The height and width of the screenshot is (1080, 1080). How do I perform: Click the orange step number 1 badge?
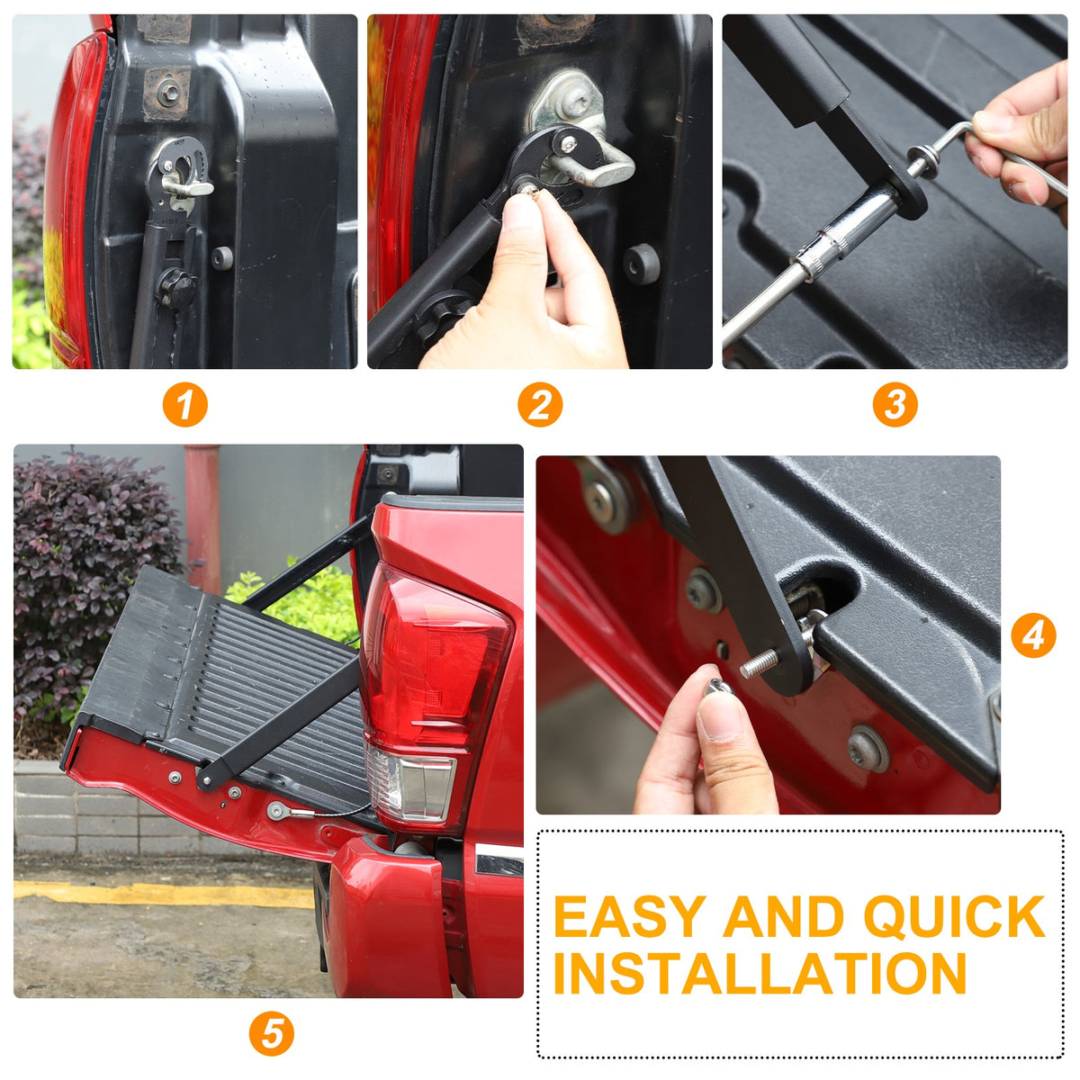pyautogui.click(x=185, y=405)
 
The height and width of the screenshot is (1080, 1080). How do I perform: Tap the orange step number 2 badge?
pyautogui.click(x=540, y=405)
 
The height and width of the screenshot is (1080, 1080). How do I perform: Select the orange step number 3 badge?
pyautogui.click(x=895, y=405)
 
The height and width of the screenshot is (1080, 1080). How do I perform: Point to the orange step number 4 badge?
pyautogui.click(x=1033, y=636)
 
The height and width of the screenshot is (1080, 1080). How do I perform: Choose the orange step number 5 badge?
pyautogui.click(x=271, y=1033)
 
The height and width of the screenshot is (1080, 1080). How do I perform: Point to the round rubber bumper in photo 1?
pyautogui.click(x=222, y=257)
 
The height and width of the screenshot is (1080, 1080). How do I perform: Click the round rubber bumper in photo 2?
pyautogui.click(x=642, y=264)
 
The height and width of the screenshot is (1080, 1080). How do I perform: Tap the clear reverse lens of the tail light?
pyautogui.click(x=410, y=785)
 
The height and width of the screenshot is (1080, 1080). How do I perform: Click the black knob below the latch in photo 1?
pyautogui.click(x=177, y=288)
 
